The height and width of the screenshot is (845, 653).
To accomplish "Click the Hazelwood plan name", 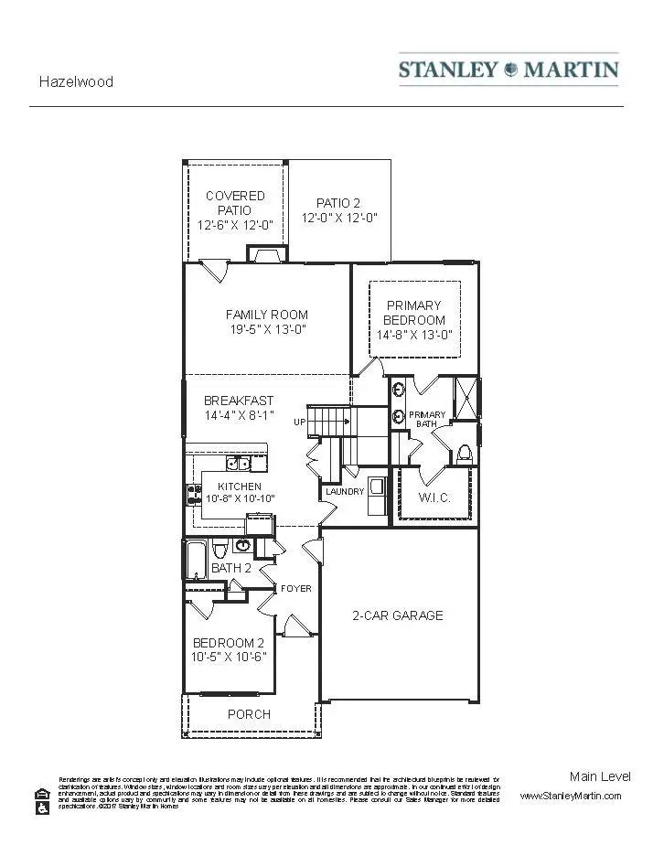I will click(76, 81).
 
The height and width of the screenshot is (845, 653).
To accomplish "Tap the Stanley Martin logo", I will click(508, 70).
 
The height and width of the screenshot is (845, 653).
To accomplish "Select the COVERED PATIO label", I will click(235, 196).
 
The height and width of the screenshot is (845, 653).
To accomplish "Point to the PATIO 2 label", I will click(339, 203).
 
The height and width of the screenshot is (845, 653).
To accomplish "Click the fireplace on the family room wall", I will click(267, 256).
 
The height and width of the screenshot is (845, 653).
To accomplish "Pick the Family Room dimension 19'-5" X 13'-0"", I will click(267, 330).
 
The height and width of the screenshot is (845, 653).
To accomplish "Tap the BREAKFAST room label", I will click(238, 401).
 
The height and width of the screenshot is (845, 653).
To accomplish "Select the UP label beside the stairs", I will click(299, 422).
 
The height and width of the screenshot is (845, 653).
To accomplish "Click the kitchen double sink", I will click(239, 464).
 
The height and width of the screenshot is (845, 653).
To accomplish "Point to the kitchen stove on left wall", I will click(194, 495).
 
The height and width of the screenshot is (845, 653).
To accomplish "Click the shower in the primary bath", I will click(466, 397).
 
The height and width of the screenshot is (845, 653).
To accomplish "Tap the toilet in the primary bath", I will click(464, 453).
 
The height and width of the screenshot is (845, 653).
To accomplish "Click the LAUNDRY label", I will click(345, 492).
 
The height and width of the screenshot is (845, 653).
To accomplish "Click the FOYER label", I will click(295, 588).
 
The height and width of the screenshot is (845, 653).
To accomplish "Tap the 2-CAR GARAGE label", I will click(398, 615).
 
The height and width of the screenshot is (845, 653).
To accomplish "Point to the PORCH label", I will click(249, 714).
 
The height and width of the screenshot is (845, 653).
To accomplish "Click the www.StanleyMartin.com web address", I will click(570, 796).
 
